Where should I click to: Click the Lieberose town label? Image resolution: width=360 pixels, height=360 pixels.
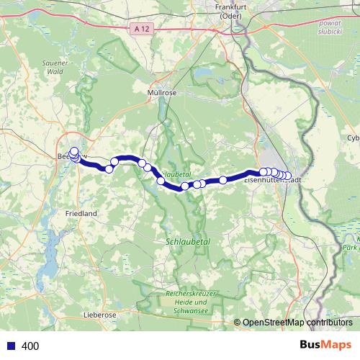pyautogui.click(x=100, y=315)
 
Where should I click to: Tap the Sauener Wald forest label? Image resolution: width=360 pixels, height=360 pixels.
pyautogui.click(x=55, y=67)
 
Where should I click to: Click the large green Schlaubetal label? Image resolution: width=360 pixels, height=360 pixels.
pyautogui.click(x=187, y=242)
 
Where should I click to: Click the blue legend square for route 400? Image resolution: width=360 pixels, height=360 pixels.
pyautogui.click(x=10, y=346)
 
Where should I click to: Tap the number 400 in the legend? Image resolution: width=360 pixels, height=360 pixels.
pyautogui.click(x=31, y=346)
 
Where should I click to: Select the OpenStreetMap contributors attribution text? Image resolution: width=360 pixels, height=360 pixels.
pyautogui.click(x=292, y=322)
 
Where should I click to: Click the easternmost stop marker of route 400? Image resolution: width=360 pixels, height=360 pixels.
pyautogui.click(x=288, y=176)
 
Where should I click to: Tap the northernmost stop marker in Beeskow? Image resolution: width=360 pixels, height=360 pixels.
pyautogui.click(x=74, y=151)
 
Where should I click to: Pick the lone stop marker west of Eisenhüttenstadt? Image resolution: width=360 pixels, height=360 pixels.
pyautogui.click(x=223, y=179)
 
